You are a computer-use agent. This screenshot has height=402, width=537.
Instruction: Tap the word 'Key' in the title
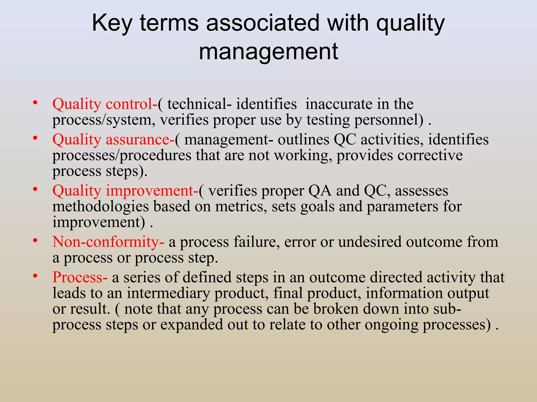point(112,23)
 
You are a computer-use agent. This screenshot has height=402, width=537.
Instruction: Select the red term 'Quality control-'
point(105,104)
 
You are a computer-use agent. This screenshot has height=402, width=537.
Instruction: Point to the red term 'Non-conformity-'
point(108,242)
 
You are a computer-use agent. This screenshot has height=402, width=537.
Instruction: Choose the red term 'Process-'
point(80,277)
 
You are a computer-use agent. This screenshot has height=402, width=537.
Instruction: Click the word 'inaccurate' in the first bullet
point(339,104)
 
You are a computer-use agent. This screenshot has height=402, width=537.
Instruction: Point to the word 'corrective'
point(430,155)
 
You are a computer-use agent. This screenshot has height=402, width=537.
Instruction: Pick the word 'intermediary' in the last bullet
point(168,293)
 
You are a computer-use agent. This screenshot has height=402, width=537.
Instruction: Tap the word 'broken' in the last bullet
point(336,309)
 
